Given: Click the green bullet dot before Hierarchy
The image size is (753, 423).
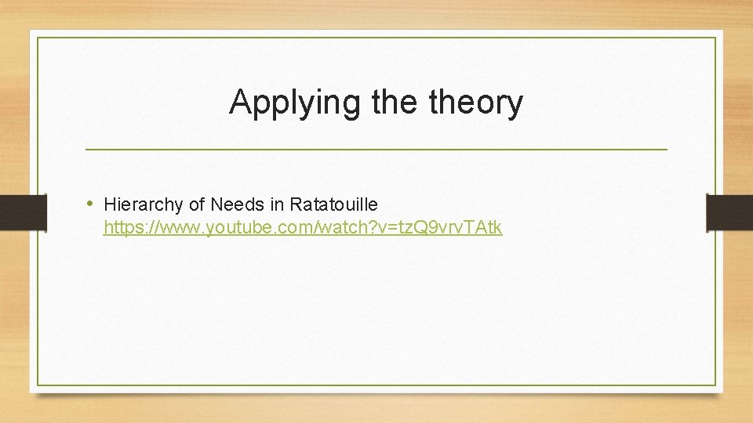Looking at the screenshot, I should pyautogui.click(x=92, y=204).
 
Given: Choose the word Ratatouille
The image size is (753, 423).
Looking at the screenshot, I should pyautogui.click(x=333, y=204).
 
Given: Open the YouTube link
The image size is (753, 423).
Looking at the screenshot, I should pyautogui.click(x=303, y=228).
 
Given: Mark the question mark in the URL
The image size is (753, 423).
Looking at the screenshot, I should pyautogui.click(x=373, y=228).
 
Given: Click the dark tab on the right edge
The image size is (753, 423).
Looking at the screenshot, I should pyautogui.click(x=729, y=211).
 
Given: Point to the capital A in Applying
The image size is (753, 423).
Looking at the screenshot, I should pyautogui.click(x=241, y=102).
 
